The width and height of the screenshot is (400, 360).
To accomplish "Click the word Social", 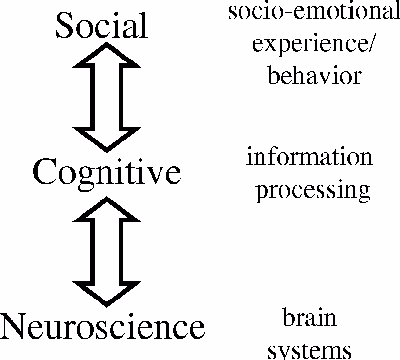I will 101,25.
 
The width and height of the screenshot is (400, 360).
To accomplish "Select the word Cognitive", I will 107,172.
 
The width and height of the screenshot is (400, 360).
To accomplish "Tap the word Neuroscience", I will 102,326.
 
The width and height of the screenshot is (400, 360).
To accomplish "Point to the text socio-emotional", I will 314,12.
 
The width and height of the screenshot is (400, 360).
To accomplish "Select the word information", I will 310,157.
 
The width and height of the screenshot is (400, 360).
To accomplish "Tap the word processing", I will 313,190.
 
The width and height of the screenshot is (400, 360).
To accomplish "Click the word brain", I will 309,318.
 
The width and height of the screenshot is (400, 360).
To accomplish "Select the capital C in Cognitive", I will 45,172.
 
